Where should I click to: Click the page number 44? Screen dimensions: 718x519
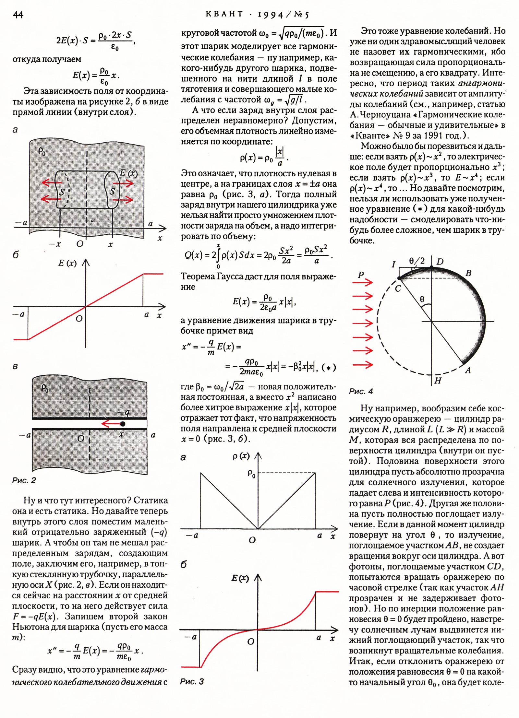[x=18, y=15]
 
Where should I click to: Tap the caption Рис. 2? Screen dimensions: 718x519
[x=24, y=480]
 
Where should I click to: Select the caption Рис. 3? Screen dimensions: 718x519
[x=192, y=681]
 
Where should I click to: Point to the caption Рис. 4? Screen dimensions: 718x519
[x=361, y=391]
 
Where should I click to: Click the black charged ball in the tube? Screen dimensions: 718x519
[x=122, y=423]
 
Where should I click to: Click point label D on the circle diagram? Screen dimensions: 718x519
[x=440, y=262]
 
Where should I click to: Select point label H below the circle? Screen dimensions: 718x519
[x=438, y=381]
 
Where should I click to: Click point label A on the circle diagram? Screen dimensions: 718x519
[x=468, y=370]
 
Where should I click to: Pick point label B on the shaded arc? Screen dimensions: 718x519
[x=468, y=273]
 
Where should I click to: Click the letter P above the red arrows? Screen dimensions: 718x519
[x=361, y=275]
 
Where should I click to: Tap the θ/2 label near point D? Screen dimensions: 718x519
[x=417, y=261]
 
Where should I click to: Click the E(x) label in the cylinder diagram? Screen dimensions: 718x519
[x=128, y=173]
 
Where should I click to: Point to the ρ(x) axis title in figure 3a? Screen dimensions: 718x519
[x=241, y=456]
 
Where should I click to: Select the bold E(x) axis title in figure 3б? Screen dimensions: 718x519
[x=240, y=578]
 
